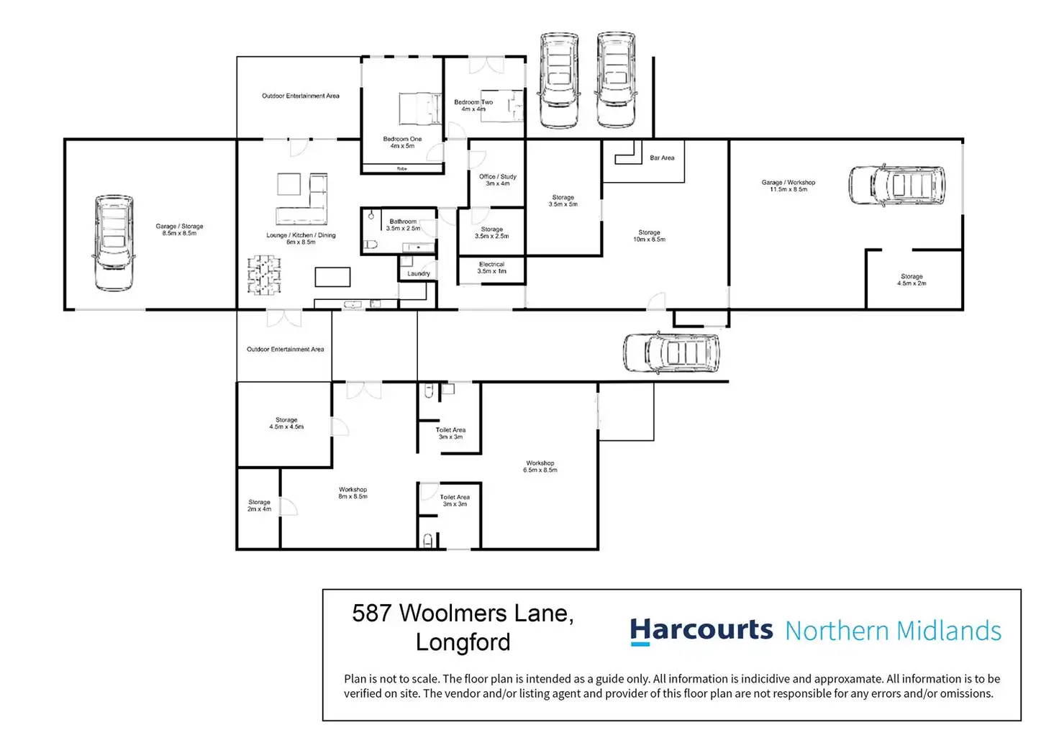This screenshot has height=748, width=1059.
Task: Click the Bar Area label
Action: [662, 158]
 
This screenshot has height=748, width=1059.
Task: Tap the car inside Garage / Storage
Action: [113, 242]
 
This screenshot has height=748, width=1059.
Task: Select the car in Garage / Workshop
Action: [896, 185]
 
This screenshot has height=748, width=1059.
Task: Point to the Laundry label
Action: [418, 273]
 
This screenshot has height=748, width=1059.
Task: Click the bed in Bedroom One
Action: [419, 109]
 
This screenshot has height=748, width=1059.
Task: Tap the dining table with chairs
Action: [264, 275]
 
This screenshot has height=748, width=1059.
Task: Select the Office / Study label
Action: [498, 180]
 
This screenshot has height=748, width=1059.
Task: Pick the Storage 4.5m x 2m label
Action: [912, 280]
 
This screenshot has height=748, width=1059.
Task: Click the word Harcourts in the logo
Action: [701, 630]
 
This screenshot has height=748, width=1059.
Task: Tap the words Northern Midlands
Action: [893, 631]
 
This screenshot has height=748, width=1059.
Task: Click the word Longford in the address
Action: [463, 642]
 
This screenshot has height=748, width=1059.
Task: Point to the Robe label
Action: [402, 168]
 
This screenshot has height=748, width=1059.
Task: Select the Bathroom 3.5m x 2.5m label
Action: [403, 225]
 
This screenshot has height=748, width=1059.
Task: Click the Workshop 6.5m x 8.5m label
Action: [540, 467]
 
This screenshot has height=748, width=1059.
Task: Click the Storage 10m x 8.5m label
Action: [649, 236]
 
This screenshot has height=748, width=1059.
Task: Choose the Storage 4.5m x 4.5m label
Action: [286, 423]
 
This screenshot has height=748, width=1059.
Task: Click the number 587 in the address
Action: [371, 614]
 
